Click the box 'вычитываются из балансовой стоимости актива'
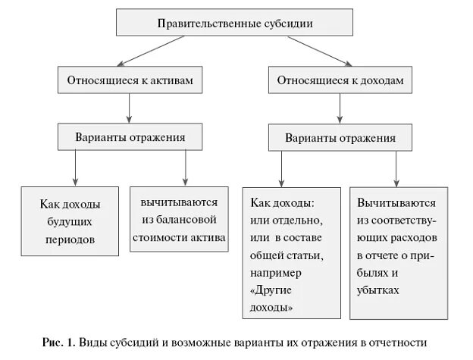coord(179,220)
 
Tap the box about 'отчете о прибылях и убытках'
coord(397,254)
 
